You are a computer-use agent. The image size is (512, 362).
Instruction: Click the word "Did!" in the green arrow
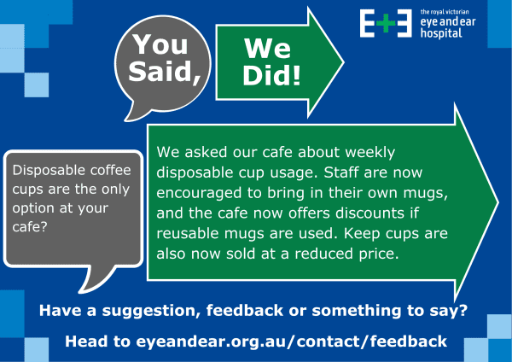271,77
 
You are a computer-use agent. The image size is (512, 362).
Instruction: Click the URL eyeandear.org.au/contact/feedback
292,342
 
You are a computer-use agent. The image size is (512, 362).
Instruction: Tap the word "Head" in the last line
87,342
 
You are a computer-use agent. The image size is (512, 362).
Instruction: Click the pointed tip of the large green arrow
497,205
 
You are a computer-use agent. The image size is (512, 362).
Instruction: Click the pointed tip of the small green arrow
343,62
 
